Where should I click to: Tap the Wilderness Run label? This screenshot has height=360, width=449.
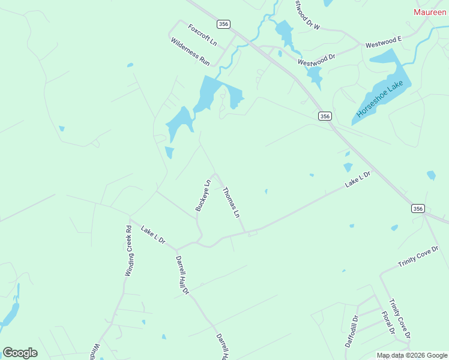point(190,52)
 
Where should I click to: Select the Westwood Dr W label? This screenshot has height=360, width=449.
point(307,14)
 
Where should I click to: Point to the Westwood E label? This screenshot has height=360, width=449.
point(383,41)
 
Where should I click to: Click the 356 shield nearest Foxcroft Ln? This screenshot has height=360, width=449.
point(224,24)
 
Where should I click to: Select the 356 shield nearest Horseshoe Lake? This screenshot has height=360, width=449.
point(325,116)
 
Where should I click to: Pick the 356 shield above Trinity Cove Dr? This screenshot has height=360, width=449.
point(418,208)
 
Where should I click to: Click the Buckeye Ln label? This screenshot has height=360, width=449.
point(203,196)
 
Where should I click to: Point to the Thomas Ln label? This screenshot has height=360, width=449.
point(231,203)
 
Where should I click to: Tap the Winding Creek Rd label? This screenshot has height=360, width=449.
point(128,250)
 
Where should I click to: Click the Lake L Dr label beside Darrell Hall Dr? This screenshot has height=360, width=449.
point(152,234)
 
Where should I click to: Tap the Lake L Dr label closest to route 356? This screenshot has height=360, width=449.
point(358,179)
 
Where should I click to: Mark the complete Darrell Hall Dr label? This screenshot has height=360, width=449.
point(182,275)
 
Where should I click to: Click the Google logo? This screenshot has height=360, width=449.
point(20,353)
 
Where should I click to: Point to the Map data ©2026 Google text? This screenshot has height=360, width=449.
point(412,355)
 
